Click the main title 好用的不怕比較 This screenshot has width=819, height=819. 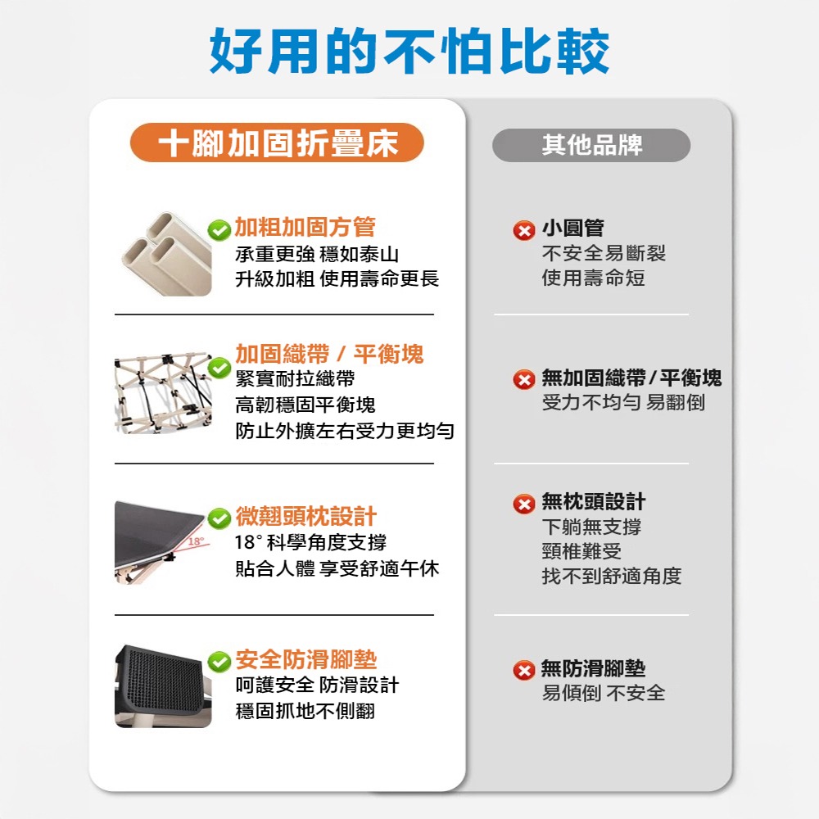(x=409, y=51)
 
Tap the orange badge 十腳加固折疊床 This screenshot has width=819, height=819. (x=278, y=144)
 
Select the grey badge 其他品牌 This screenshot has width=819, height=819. (x=591, y=145)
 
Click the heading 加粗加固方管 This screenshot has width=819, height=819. (x=305, y=228)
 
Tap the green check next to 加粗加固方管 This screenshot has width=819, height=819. (x=219, y=230)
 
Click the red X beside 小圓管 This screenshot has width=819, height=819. (x=523, y=231)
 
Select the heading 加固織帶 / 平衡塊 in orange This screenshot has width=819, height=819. (x=329, y=354)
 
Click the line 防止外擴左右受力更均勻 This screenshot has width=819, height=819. (x=345, y=431)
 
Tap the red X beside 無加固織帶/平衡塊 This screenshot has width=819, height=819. (x=523, y=380)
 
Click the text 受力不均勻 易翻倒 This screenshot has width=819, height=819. (x=622, y=403)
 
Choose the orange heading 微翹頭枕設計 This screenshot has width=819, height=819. (x=305, y=517)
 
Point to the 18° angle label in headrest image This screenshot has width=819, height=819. (x=195, y=541)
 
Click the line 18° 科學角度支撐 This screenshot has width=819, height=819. (x=311, y=543)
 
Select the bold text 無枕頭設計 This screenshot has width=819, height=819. (x=593, y=501)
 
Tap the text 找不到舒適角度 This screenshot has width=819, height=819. (x=611, y=577)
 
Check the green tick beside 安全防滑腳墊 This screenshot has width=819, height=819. (x=219, y=661)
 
